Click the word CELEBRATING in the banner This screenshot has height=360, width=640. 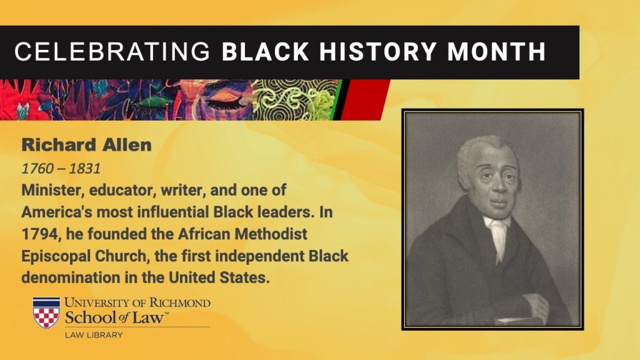[x=112, y=52]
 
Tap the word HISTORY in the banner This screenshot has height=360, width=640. [x=377, y=52]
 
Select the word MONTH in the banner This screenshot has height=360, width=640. [x=496, y=52]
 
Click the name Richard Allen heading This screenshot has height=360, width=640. [x=86, y=145]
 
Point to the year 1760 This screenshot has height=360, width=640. [x=37, y=169]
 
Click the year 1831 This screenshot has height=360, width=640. [x=84, y=169]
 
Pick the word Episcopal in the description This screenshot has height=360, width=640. [x=56, y=256]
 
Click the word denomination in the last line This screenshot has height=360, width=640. [x=71, y=277]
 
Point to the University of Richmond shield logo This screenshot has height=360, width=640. [x=46, y=312]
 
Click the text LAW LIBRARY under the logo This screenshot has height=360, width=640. [x=94, y=335]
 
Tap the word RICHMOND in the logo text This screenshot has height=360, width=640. [x=179, y=303]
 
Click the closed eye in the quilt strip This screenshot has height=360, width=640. [x=224, y=102]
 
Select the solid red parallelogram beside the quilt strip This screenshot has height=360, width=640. [x=365, y=100]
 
